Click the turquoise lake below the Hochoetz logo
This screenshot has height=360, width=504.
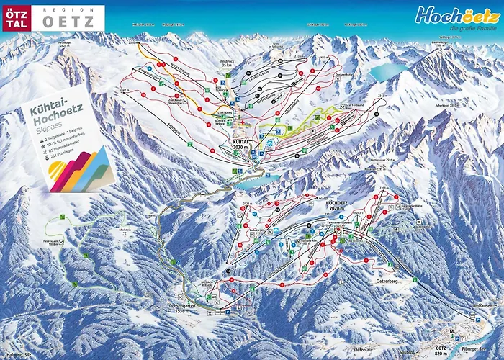point(384,71)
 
